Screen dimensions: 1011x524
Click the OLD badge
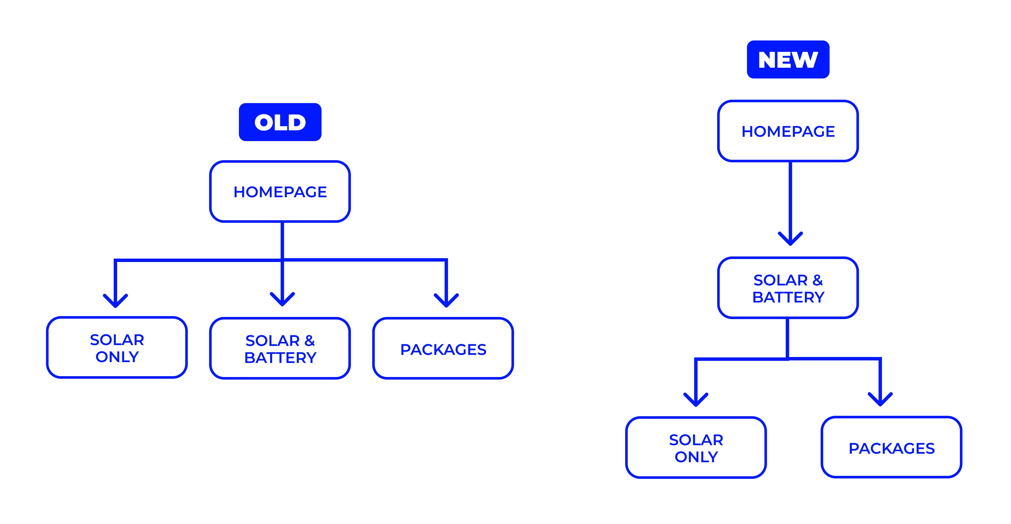tap(280, 122)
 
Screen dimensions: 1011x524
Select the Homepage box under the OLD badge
tap(280, 191)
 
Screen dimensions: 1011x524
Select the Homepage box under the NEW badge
tap(788, 131)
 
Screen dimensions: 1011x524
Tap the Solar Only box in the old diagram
tap(117, 348)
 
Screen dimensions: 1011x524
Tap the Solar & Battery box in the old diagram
tap(280, 348)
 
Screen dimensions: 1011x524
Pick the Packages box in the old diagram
tap(443, 348)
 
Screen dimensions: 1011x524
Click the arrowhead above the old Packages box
tap(446, 300)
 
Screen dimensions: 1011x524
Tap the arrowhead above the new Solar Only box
tap(696, 400)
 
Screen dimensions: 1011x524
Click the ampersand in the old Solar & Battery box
tap(310, 341)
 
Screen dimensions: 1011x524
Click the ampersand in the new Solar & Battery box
tap(817, 280)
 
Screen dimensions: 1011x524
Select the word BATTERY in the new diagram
tap(788, 297)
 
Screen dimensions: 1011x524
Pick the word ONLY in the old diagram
tap(117, 357)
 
